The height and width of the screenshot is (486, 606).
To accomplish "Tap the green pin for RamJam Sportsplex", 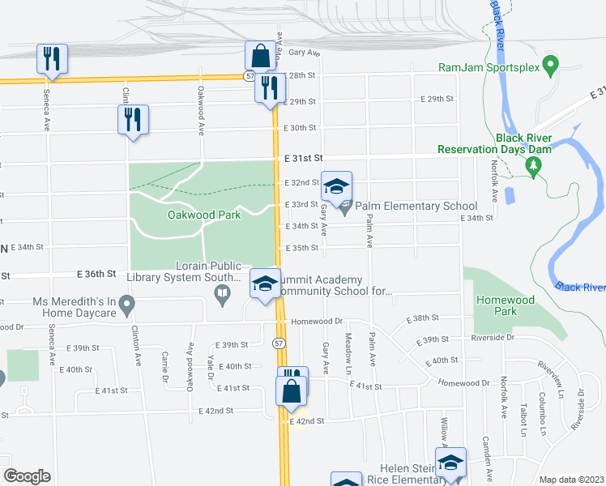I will click(x=550, y=64).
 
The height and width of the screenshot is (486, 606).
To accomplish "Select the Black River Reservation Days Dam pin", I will click(x=532, y=167).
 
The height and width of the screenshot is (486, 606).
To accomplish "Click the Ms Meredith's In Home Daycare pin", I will click(x=126, y=305).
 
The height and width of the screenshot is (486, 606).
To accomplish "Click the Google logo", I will click(x=27, y=475).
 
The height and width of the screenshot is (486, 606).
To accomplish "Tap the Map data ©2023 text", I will click(x=572, y=480).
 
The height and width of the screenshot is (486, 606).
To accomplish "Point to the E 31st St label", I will click(x=303, y=158).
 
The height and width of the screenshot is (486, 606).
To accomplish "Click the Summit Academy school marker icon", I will click(x=264, y=284).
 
